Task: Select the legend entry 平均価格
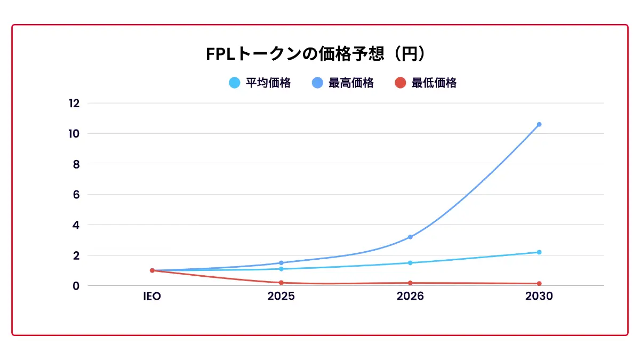260,83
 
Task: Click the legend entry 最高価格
343,83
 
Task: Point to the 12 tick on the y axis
74,103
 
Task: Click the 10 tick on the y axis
74,134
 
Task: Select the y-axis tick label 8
76,164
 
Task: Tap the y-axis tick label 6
76,195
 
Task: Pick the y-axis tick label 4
76,225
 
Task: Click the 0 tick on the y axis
76,286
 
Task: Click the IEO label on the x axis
152,297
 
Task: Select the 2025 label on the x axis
281,297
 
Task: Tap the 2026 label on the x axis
410,297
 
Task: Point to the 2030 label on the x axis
539,297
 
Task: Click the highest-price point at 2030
539,124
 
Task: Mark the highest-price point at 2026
410,237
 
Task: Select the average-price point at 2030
539,252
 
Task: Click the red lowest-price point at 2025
281,283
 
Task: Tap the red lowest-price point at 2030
539,284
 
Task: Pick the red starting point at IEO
152,270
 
